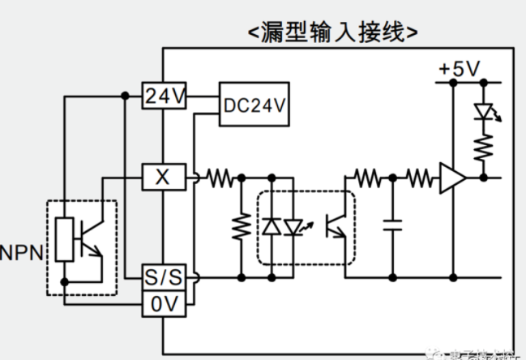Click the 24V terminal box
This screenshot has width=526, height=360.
pyautogui.click(x=165, y=96)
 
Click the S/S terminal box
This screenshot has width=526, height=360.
pyautogui.click(x=164, y=277)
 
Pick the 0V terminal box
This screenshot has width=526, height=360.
pyautogui.click(x=164, y=304)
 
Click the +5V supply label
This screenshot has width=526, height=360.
pyautogui.click(x=459, y=69)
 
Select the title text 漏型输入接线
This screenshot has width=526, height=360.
pyautogui.click(x=333, y=32)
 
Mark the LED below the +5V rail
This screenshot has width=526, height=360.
pyautogui.click(x=485, y=113)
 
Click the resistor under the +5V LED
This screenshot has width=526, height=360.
pyautogui.click(x=485, y=147)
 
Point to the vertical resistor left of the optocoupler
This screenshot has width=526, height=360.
pyautogui.click(x=241, y=226)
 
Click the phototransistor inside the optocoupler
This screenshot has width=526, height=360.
pyautogui.click(x=335, y=226)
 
